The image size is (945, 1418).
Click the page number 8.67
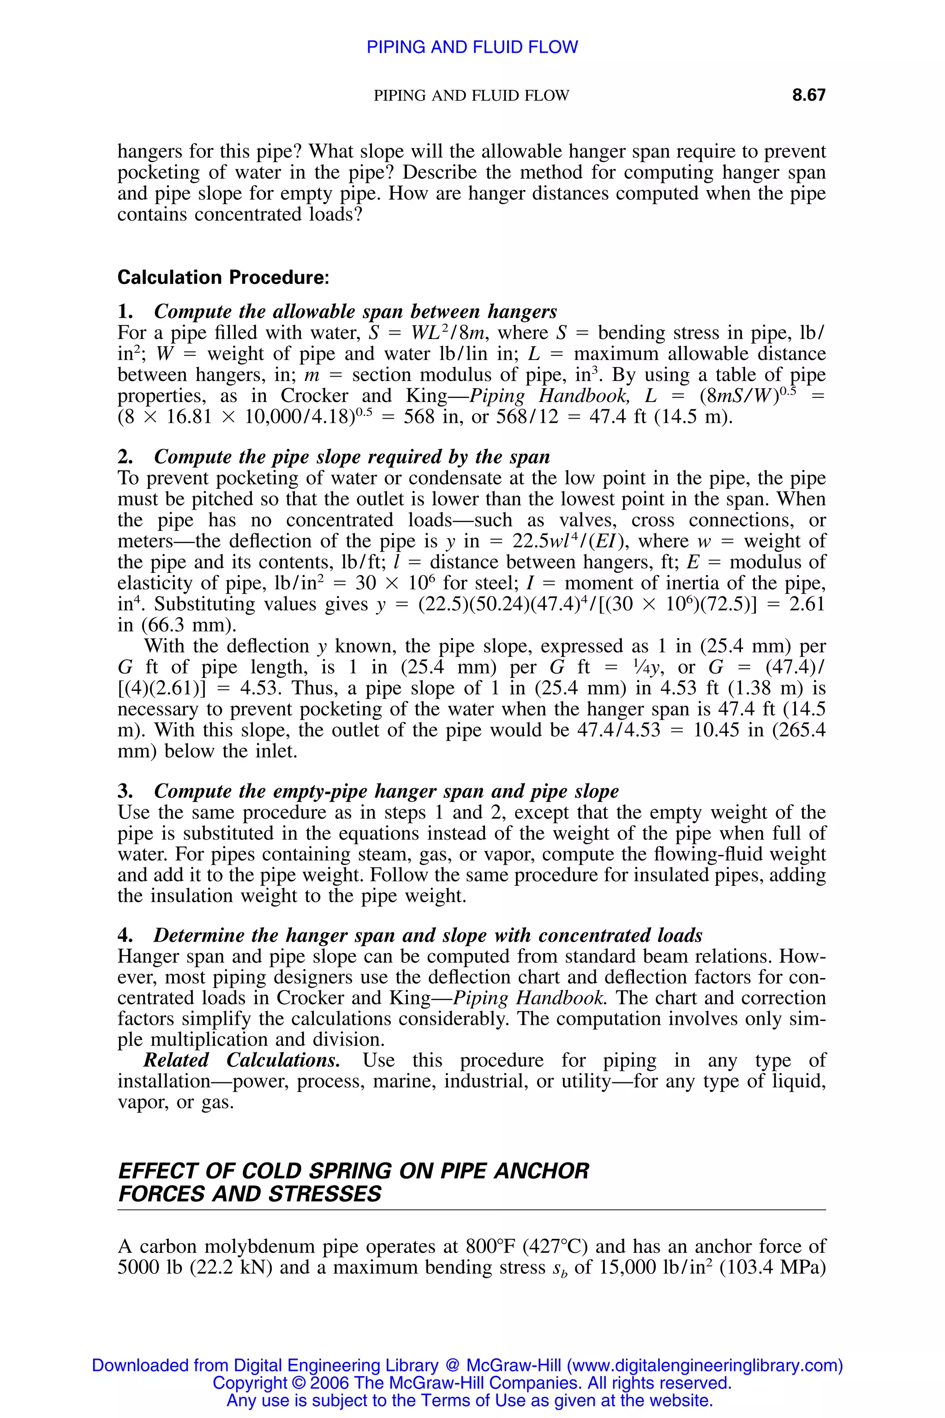click(808, 95)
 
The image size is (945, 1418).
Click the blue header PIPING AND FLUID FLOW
click(472, 47)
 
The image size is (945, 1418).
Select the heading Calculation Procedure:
click(223, 277)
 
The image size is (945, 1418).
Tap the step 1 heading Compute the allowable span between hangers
click(355, 311)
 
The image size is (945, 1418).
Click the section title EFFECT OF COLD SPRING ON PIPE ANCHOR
click(353, 1171)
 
